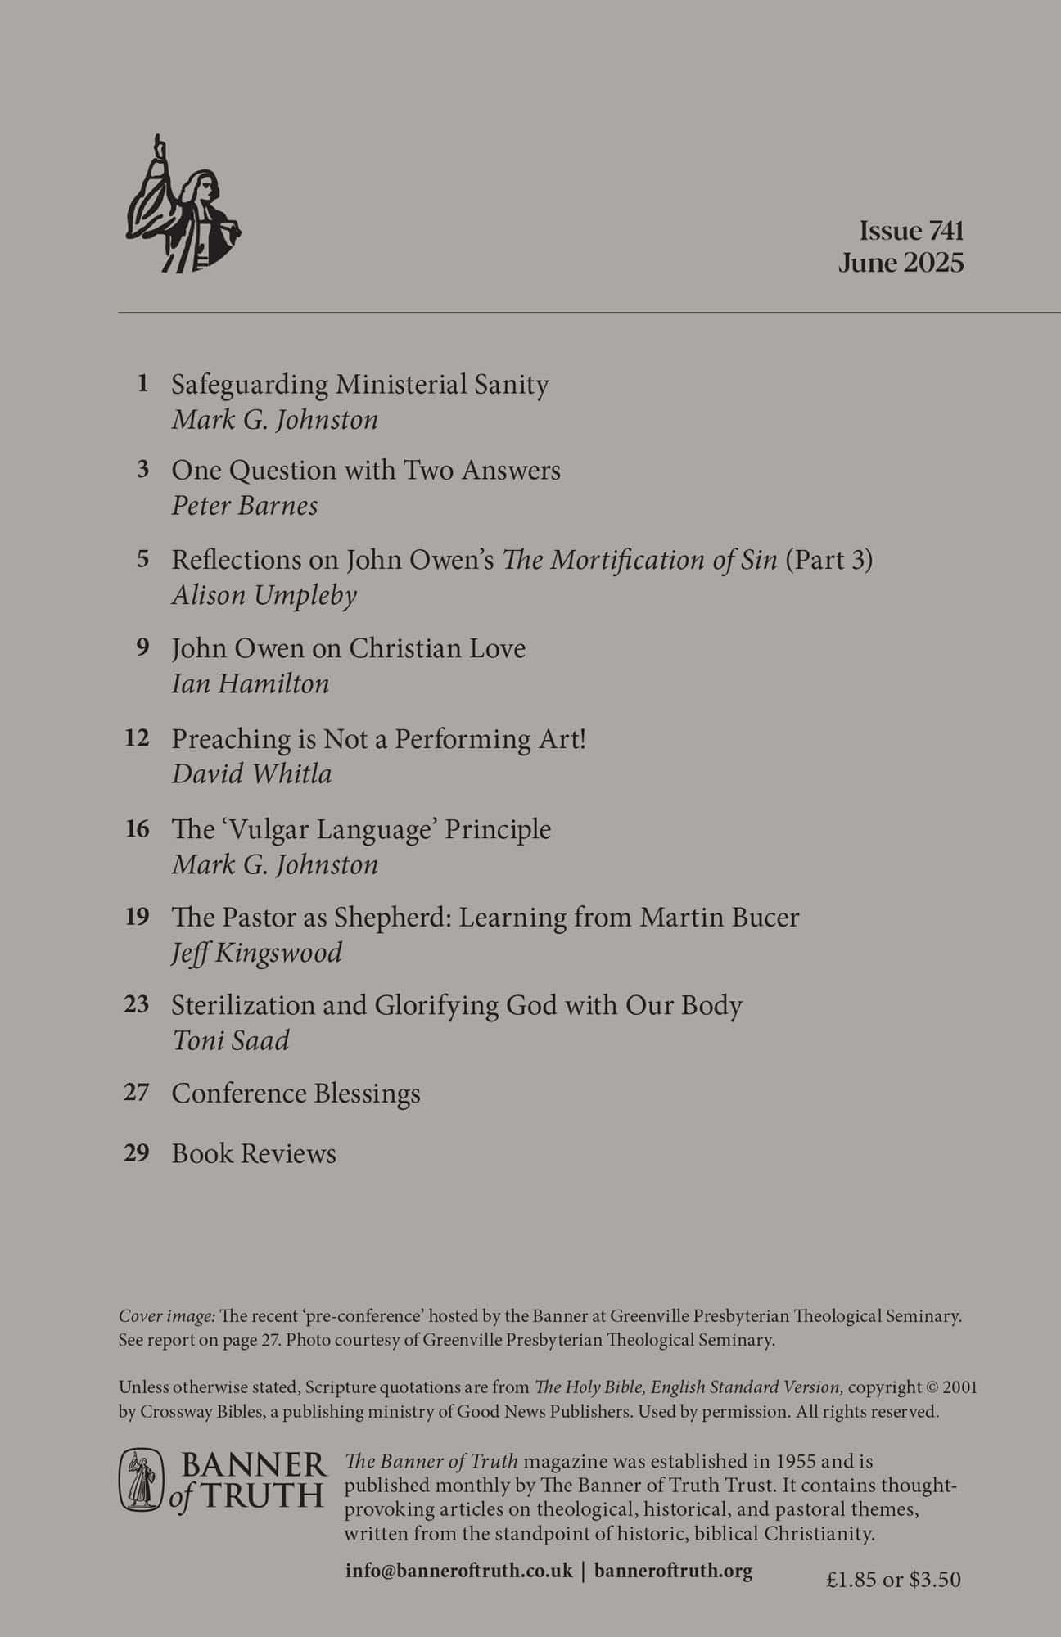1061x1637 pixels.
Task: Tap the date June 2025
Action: [x=901, y=264]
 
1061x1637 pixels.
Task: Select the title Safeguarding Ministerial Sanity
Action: [x=359, y=384]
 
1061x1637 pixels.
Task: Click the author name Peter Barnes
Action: [x=244, y=505]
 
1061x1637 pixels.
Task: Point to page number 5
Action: [x=143, y=559]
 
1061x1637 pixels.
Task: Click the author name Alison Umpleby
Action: [x=264, y=595]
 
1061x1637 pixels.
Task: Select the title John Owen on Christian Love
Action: [x=348, y=648]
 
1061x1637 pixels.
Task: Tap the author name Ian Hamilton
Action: [x=250, y=683]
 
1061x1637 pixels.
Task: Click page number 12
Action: [x=138, y=738]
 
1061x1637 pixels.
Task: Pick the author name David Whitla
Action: [x=251, y=773]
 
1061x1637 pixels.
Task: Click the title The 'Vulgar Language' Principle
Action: [x=360, y=829]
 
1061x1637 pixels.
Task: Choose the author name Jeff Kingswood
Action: [x=256, y=953]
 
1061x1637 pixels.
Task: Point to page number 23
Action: [x=137, y=1004]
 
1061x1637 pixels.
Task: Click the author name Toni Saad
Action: [x=230, y=1041]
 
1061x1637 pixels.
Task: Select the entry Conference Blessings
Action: [x=296, y=1094]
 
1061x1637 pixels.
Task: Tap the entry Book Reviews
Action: [x=254, y=1154]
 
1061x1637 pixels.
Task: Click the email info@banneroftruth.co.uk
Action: [x=458, y=1572]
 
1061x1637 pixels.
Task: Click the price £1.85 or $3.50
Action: [x=893, y=1580]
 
